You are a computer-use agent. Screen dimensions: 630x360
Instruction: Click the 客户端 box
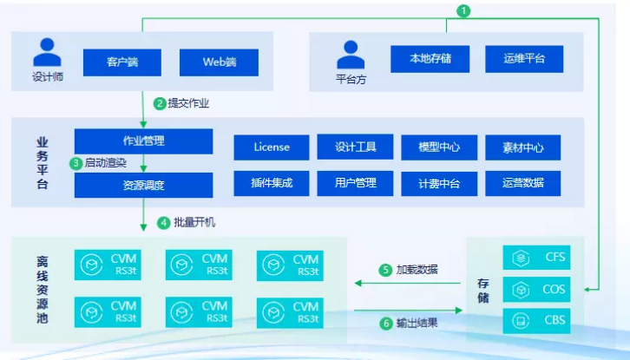(122, 62)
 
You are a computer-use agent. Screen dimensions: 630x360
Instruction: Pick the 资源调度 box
(143, 185)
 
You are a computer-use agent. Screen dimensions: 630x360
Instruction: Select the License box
(271, 147)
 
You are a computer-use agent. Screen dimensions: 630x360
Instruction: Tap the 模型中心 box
(438, 147)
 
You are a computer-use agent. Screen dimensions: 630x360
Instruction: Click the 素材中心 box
(522, 147)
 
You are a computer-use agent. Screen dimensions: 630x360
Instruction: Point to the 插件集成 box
(271, 183)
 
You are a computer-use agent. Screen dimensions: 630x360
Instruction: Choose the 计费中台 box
(438, 183)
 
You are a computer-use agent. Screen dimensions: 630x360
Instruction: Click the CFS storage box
(536, 258)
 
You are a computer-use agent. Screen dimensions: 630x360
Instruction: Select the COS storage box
(536, 289)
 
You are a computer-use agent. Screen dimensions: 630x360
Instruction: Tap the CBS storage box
(536, 320)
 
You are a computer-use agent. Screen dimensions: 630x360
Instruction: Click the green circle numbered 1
(464, 10)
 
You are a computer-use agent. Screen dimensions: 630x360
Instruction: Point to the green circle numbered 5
(386, 270)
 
